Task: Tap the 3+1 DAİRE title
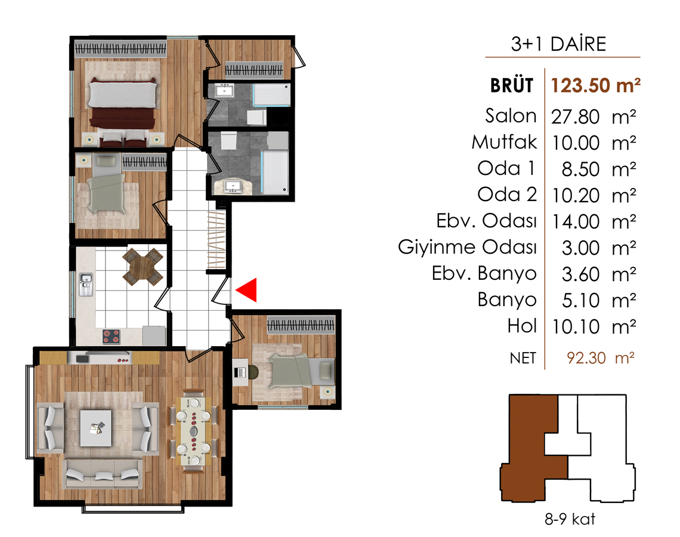[558, 44]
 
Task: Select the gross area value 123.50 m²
[595, 85]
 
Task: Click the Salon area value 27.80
[575, 117]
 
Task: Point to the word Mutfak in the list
[505, 142]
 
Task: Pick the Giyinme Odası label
[468, 247]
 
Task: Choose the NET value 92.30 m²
[601, 358]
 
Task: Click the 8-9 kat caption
[570, 519]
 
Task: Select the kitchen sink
[85, 285]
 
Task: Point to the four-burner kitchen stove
[111, 336]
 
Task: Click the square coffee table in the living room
[96, 428]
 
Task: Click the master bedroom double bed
[122, 104]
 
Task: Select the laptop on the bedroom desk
[240, 372]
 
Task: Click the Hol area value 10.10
[575, 327]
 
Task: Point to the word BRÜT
[512, 85]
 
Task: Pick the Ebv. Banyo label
[484, 274]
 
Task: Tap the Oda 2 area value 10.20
[575, 196]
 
